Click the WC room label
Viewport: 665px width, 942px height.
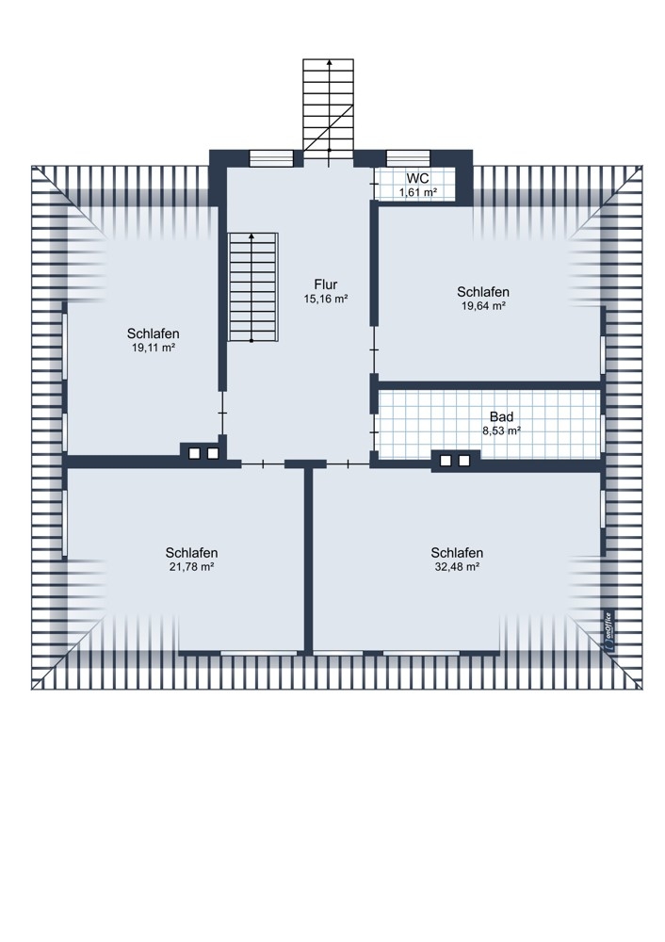(x=417, y=179)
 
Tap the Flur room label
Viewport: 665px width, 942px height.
(x=326, y=284)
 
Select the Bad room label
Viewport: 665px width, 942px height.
(x=502, y=416)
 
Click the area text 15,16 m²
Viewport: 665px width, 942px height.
(x=326, y=299)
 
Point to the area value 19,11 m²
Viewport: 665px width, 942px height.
(x=154, y=348)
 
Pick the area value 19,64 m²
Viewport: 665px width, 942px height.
(x=483, y=306)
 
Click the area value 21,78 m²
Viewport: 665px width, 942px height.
(x=191, y=566)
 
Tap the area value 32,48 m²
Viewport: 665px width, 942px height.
(x=457, y=566)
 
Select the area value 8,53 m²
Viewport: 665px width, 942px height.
(x=502, y=430)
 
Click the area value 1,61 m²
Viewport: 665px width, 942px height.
(x=417, y=192)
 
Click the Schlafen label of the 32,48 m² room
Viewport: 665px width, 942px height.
(x=457, y=553)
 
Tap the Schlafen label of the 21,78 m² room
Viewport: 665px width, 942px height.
(x=191, y=553)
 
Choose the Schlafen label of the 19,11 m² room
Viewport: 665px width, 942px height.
(x=154, y=333)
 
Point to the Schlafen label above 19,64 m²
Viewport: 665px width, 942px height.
(x=483, y=292)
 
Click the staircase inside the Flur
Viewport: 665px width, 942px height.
(x=252, y=287)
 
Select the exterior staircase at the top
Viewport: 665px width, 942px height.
(x=328, y=109)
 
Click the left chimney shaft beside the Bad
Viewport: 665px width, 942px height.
(x=446, y=461)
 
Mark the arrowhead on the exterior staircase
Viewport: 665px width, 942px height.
(x=329, y=62)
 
